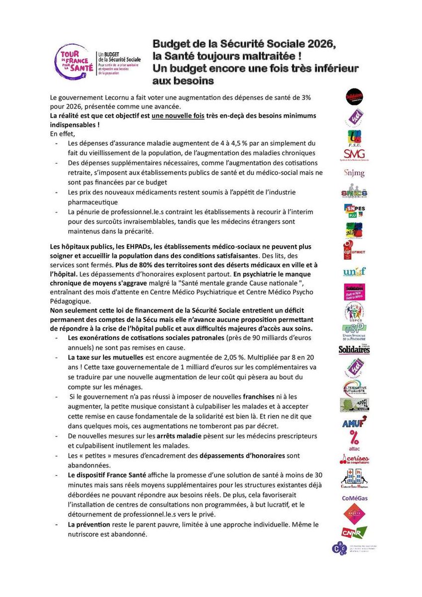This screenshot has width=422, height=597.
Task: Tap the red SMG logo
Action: pos(354,155)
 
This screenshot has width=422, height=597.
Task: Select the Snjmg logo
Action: pos(354,173)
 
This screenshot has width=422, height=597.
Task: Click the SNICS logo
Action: pos(354,193)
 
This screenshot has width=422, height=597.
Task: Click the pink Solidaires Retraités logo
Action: pos(354,292)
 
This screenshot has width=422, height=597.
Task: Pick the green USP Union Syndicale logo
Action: pos(354,331)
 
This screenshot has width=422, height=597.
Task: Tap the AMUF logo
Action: pos(354,423)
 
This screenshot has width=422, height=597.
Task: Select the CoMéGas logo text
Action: pos(354,497)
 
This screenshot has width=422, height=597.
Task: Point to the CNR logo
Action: pos(354,532)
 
